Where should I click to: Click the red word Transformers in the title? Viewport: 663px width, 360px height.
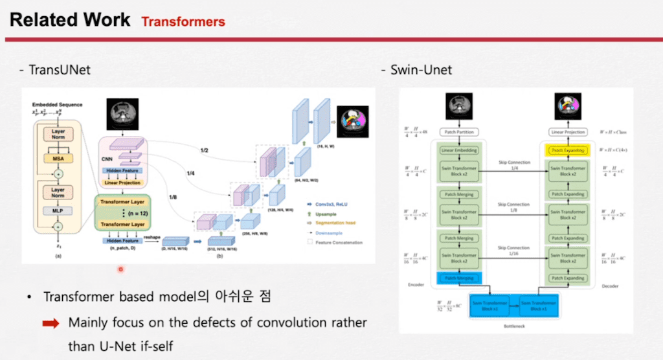pos(183,21)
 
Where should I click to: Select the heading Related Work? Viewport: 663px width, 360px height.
pos(70,19)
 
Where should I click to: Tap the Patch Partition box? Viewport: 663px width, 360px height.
pos(459,133)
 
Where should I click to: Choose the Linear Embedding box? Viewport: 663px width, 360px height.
pos(459,151)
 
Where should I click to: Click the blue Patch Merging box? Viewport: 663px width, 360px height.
pos(459,278)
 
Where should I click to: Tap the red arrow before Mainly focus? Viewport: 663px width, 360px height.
pos(51,322)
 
